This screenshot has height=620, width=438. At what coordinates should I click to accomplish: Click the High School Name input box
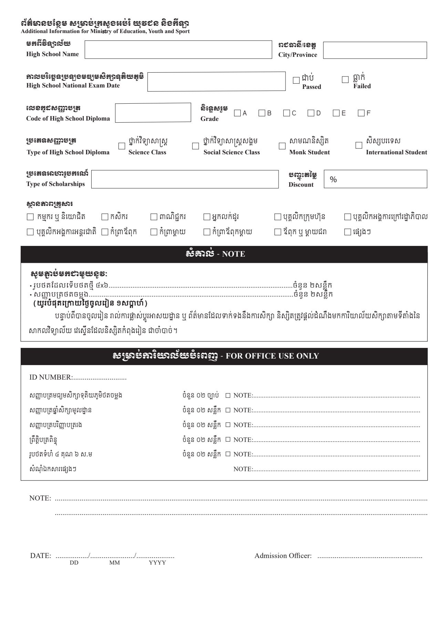(178, 50)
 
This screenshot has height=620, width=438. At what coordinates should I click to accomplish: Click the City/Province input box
(375, 50)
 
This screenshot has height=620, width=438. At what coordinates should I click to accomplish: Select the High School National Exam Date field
(216, 82)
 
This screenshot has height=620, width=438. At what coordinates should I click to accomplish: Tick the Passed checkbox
(296, 81)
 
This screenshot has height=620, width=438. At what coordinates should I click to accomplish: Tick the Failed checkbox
(345, 80)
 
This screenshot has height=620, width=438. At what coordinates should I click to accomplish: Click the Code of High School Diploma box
(153, 113)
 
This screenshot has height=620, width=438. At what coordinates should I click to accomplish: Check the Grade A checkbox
(237, 113)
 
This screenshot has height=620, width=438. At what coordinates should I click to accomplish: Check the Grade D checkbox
(311, 113)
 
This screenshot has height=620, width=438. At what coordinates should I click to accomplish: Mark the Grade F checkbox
(361, 113)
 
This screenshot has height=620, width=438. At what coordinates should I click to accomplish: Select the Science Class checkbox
(122, 146)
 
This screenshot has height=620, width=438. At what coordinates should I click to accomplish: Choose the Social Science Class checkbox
(196, 146)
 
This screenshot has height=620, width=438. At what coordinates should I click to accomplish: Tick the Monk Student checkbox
(282, 146)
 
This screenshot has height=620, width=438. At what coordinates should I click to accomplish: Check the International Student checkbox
(359, 145)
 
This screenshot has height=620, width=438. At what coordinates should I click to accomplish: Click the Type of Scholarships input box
(185, 179)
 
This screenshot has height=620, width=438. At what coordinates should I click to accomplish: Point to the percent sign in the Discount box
(333, 179)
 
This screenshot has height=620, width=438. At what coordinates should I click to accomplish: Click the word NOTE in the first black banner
(233, 254)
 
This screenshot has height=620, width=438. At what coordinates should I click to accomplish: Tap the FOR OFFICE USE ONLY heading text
(272, 356)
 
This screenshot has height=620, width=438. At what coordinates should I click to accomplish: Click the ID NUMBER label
(51, 378)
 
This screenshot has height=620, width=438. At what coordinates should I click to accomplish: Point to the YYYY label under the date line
(157, 563)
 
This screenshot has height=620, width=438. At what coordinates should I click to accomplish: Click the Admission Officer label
(283, 556)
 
